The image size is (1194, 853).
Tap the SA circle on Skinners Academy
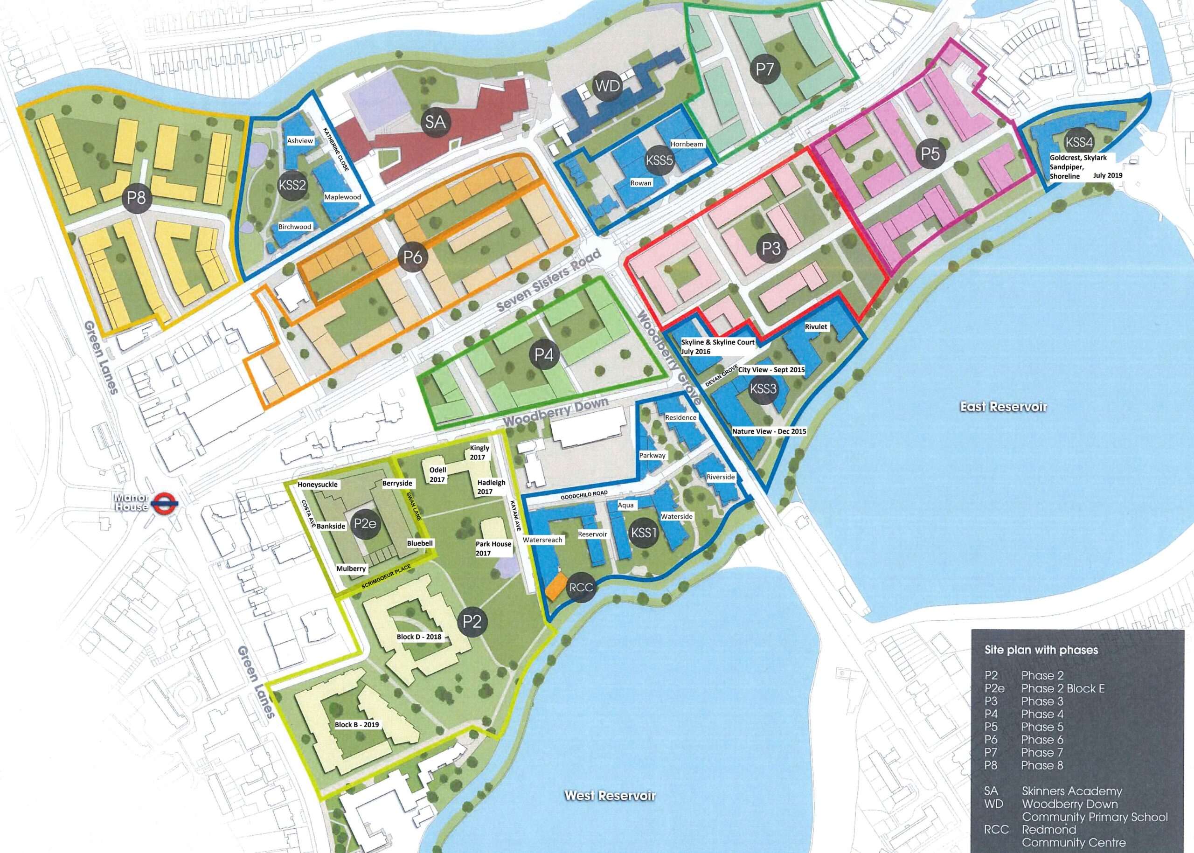click(x=436, y=122)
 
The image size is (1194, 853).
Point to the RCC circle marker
click(x=581, y=587)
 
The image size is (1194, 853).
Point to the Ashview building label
click(x=300, y=141)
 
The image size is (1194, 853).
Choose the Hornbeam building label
click(x=686, y=144)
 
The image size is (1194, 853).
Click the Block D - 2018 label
click(x=419, y=637)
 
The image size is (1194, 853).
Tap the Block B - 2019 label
click(x=357, y=724)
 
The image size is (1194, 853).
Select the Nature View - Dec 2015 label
click(x=769, y=431)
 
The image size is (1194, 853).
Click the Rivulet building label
click(x=816, y=327)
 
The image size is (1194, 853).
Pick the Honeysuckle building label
click(x=317, y=484)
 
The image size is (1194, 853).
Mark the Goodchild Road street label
click(x=583, y=494)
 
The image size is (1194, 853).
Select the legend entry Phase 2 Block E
click(x=1062, y=688)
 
